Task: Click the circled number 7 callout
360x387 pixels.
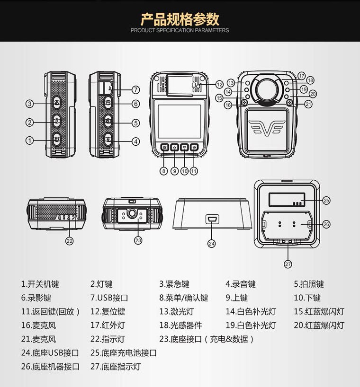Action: point(135,90)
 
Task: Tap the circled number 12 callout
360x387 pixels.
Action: point(219,85)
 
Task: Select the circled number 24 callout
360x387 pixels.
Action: point(212,244)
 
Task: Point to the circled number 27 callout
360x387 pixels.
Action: point(288,264)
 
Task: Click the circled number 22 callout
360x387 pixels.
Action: point(70,241)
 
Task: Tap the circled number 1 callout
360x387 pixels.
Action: point(30,141)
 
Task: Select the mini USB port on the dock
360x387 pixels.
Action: point(213,219)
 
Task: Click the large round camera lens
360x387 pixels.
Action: point(267,89)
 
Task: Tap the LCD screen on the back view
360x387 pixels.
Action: point(180,121)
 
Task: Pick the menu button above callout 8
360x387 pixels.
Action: point(164,147)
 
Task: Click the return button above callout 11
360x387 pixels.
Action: point(194,147)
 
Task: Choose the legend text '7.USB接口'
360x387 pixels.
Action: point(109,298)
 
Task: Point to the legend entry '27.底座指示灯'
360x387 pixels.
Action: point(116,367)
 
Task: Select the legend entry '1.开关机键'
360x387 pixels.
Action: point(40,284)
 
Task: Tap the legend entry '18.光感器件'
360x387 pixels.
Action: point(180,325)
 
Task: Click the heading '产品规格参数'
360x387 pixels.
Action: point(180,19)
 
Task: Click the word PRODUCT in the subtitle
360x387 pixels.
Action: point(143,30)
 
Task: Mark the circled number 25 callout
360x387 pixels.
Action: point(326,201)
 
